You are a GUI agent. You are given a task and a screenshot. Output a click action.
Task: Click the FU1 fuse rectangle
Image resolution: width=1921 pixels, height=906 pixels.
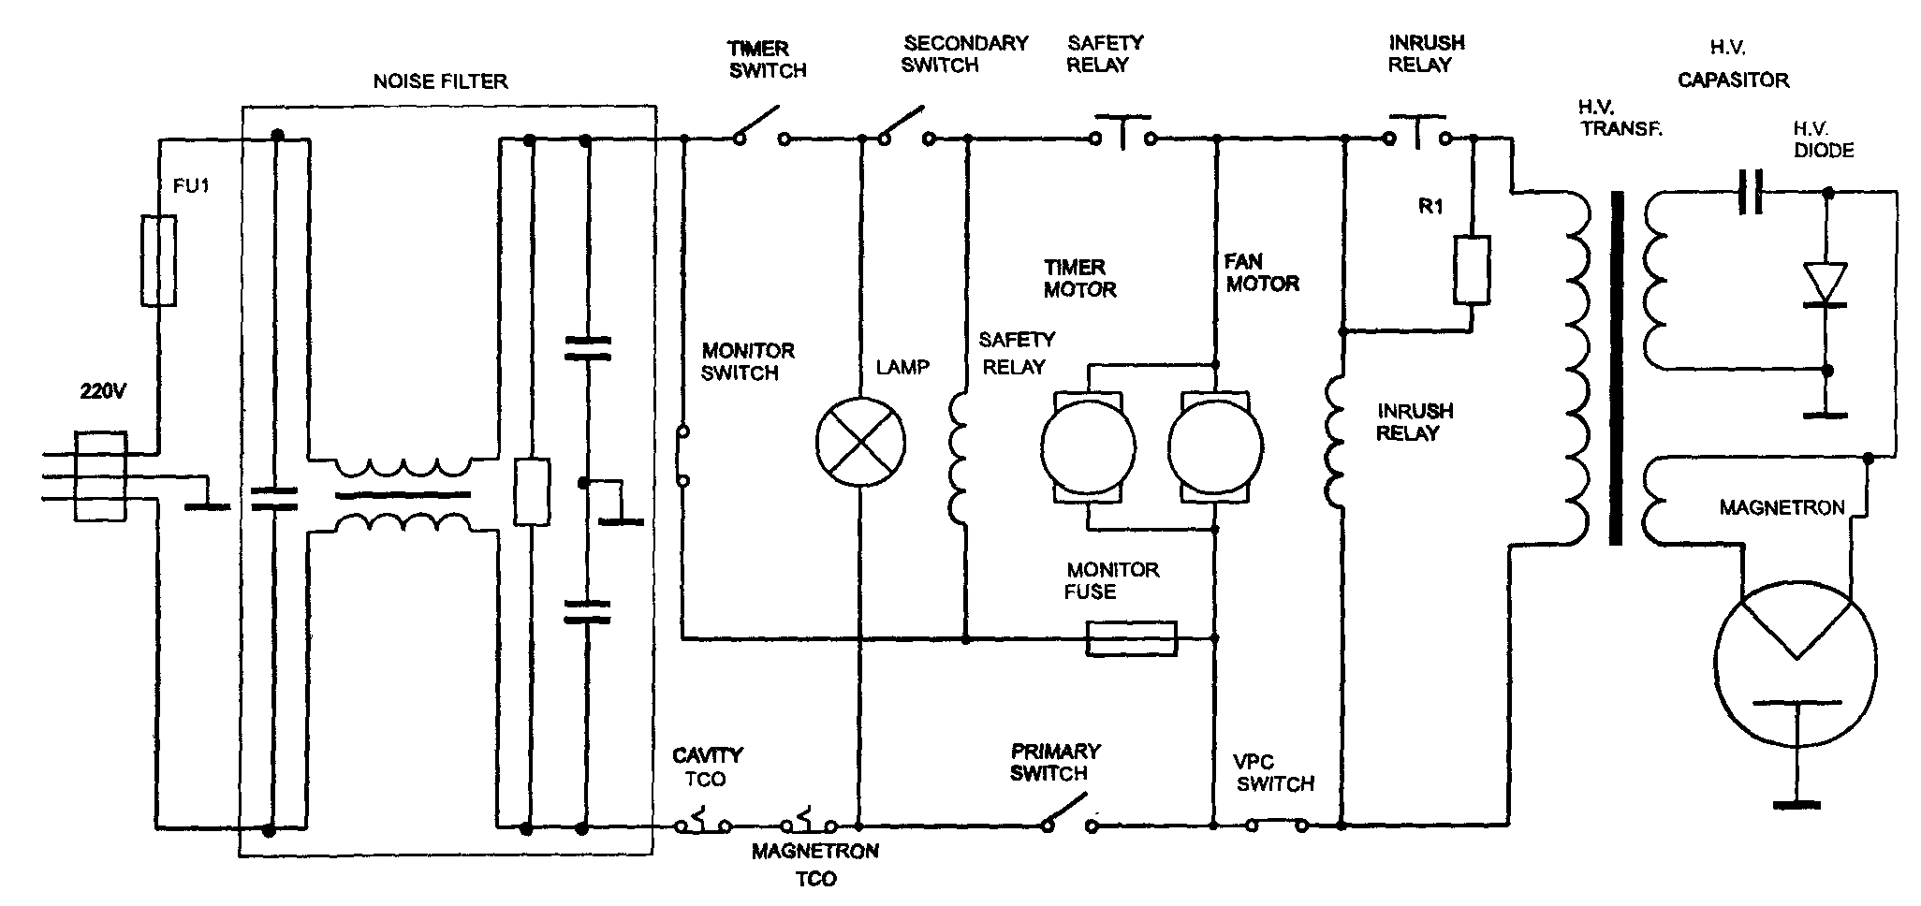[158, 261]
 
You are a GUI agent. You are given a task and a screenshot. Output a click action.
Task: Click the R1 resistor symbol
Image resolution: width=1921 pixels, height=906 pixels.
[1472, 270]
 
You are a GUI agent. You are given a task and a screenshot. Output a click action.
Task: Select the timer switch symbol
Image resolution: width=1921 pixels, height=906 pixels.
[761, 129]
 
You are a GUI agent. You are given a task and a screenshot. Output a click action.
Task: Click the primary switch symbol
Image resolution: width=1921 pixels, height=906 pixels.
[1067, 811]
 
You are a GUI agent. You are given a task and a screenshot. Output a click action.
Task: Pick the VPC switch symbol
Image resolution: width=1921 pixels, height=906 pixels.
[1276, 824]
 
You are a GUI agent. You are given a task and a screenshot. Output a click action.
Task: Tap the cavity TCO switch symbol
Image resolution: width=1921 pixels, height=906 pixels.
[703, 821]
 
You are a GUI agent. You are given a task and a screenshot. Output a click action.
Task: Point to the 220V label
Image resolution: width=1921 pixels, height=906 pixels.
[101, 392]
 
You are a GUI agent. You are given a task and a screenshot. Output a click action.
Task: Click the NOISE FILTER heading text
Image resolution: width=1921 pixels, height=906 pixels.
[440, 81]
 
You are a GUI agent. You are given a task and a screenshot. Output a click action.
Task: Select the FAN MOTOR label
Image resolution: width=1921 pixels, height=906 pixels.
[1262, 272]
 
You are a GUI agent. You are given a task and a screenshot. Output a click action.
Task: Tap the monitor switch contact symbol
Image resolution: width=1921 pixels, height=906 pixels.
[683, 457]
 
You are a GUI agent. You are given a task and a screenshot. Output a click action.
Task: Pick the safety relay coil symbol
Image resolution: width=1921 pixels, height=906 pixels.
[960, 457]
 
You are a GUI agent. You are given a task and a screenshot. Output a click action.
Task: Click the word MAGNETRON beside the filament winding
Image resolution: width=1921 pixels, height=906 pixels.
[1782, 507]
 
